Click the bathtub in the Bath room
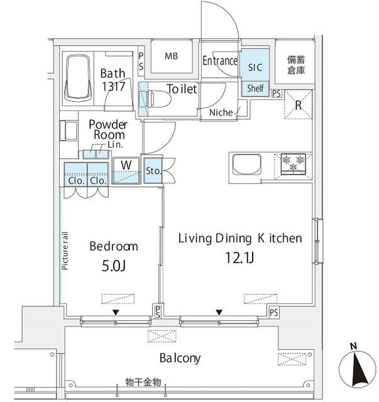(x=79, y=79)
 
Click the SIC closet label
(x=255, y=65)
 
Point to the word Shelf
(x=255, y=89)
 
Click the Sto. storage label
(x=151, y=170)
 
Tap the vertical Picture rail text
(x=65, y=251)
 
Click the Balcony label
(x=179, y=358)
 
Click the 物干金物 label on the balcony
(x=143, y=382)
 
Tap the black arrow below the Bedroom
(x=115, y=312)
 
